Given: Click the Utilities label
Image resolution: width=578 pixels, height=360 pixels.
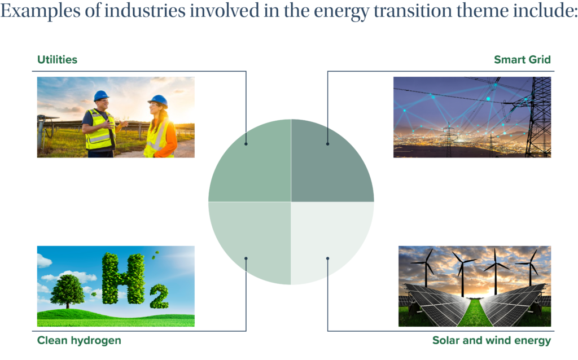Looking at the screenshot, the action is (x=57, y=60).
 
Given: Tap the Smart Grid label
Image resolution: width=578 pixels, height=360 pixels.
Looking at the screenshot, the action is (x=522, y=60).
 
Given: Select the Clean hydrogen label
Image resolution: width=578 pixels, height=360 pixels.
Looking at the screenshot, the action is (x=79, y=340).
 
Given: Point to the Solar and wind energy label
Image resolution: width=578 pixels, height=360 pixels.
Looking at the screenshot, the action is (x=492, y=340).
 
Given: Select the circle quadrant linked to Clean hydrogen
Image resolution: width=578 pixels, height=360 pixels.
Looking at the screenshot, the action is (x=255, y=239).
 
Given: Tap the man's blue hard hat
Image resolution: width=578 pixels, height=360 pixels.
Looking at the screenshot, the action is (x=101, y=96).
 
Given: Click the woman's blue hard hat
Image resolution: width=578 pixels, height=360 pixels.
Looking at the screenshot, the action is (x=158, y=100).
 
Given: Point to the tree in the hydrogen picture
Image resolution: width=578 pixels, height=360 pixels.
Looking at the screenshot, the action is (x=67, y=291).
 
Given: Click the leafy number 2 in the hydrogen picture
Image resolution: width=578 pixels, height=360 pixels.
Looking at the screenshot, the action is (x=159, y=296).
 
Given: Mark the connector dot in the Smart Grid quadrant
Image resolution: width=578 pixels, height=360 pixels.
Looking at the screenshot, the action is (x=328, y=144).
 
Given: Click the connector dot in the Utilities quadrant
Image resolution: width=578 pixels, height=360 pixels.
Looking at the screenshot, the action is (x=246, y=144).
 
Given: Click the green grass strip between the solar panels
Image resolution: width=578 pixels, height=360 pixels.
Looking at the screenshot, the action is (x=475, y=314).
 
